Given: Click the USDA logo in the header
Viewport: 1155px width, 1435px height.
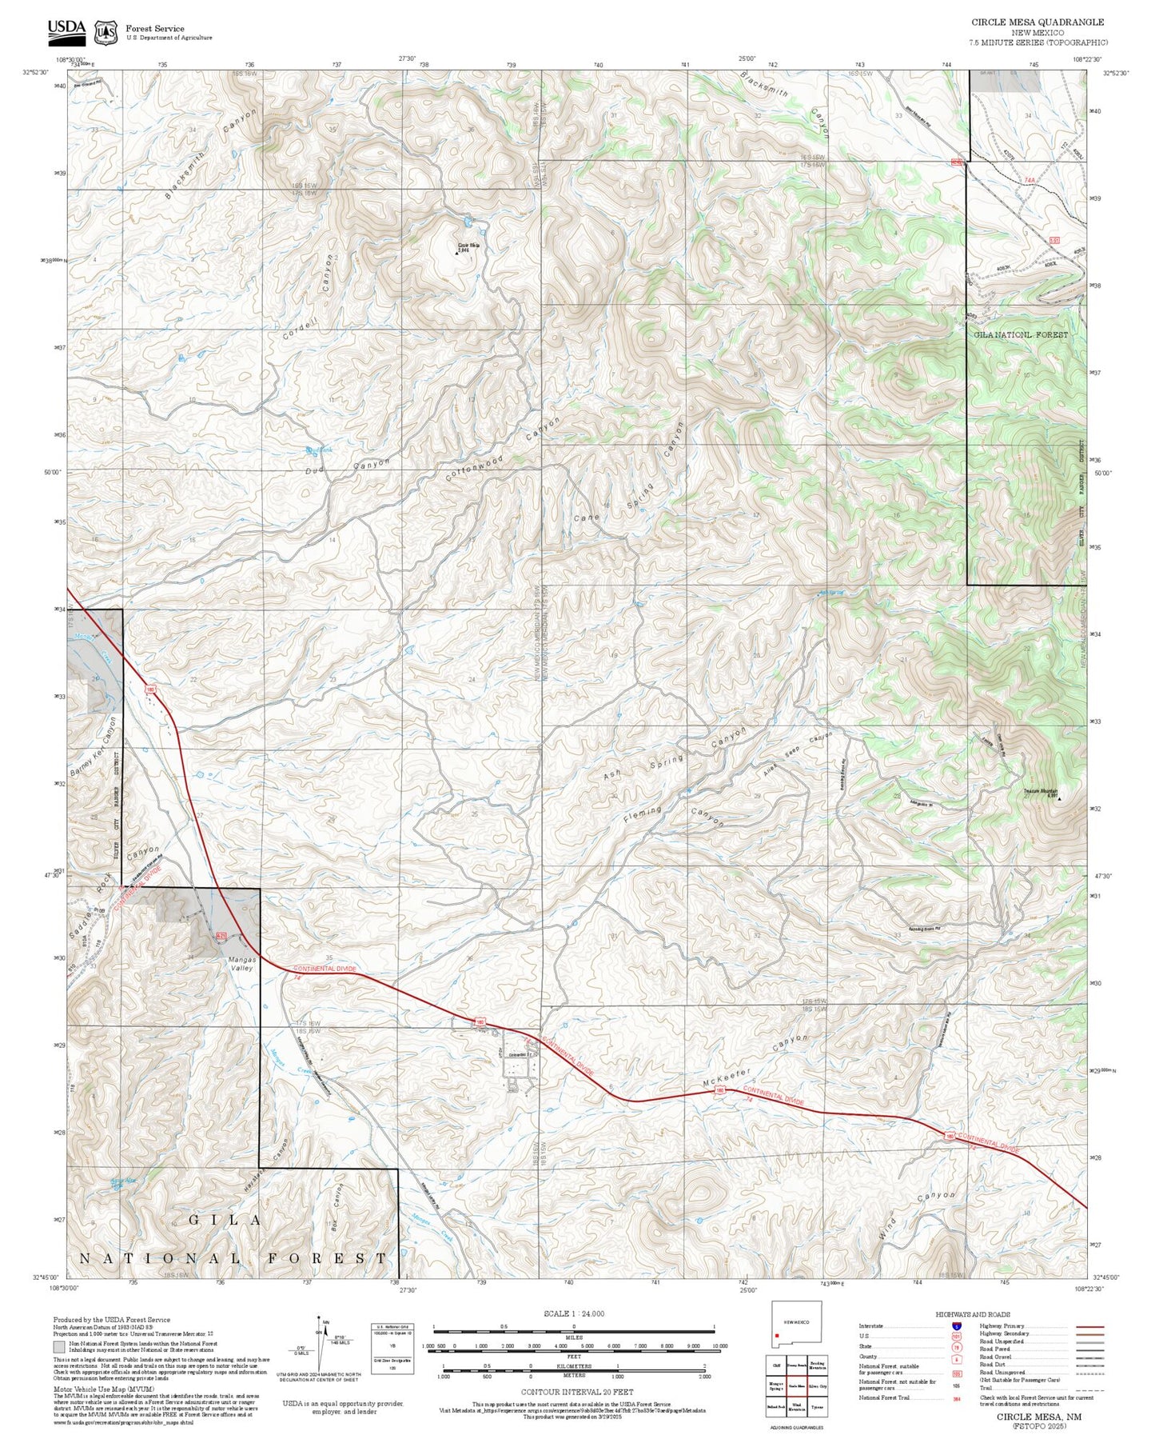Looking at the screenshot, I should (x=66, y=30).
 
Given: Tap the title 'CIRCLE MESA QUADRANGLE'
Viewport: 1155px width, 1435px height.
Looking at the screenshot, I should (x=1038, y=22).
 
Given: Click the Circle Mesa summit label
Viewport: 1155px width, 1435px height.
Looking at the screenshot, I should (x=468, y=247).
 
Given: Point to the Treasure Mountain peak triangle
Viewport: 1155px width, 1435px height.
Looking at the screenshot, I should (x=1058, y=797).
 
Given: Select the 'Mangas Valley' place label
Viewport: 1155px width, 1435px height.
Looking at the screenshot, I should (x=242, y=963).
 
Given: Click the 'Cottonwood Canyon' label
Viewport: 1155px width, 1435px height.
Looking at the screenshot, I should (x=504, y=449).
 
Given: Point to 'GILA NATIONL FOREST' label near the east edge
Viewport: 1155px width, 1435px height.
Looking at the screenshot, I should (x=1021, y=334).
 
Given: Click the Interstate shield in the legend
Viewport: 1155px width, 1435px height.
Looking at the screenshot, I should (x=957, y=1325).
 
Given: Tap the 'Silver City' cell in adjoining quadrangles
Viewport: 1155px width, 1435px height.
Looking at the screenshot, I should (x=817, y=1386).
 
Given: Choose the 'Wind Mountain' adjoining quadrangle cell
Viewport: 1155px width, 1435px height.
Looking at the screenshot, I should (x=796, y=1407).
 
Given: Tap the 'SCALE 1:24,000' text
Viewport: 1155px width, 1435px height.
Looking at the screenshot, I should (x=573, y=1313).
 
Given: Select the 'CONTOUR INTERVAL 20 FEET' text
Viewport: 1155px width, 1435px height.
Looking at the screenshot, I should (x=573, y=1393).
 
